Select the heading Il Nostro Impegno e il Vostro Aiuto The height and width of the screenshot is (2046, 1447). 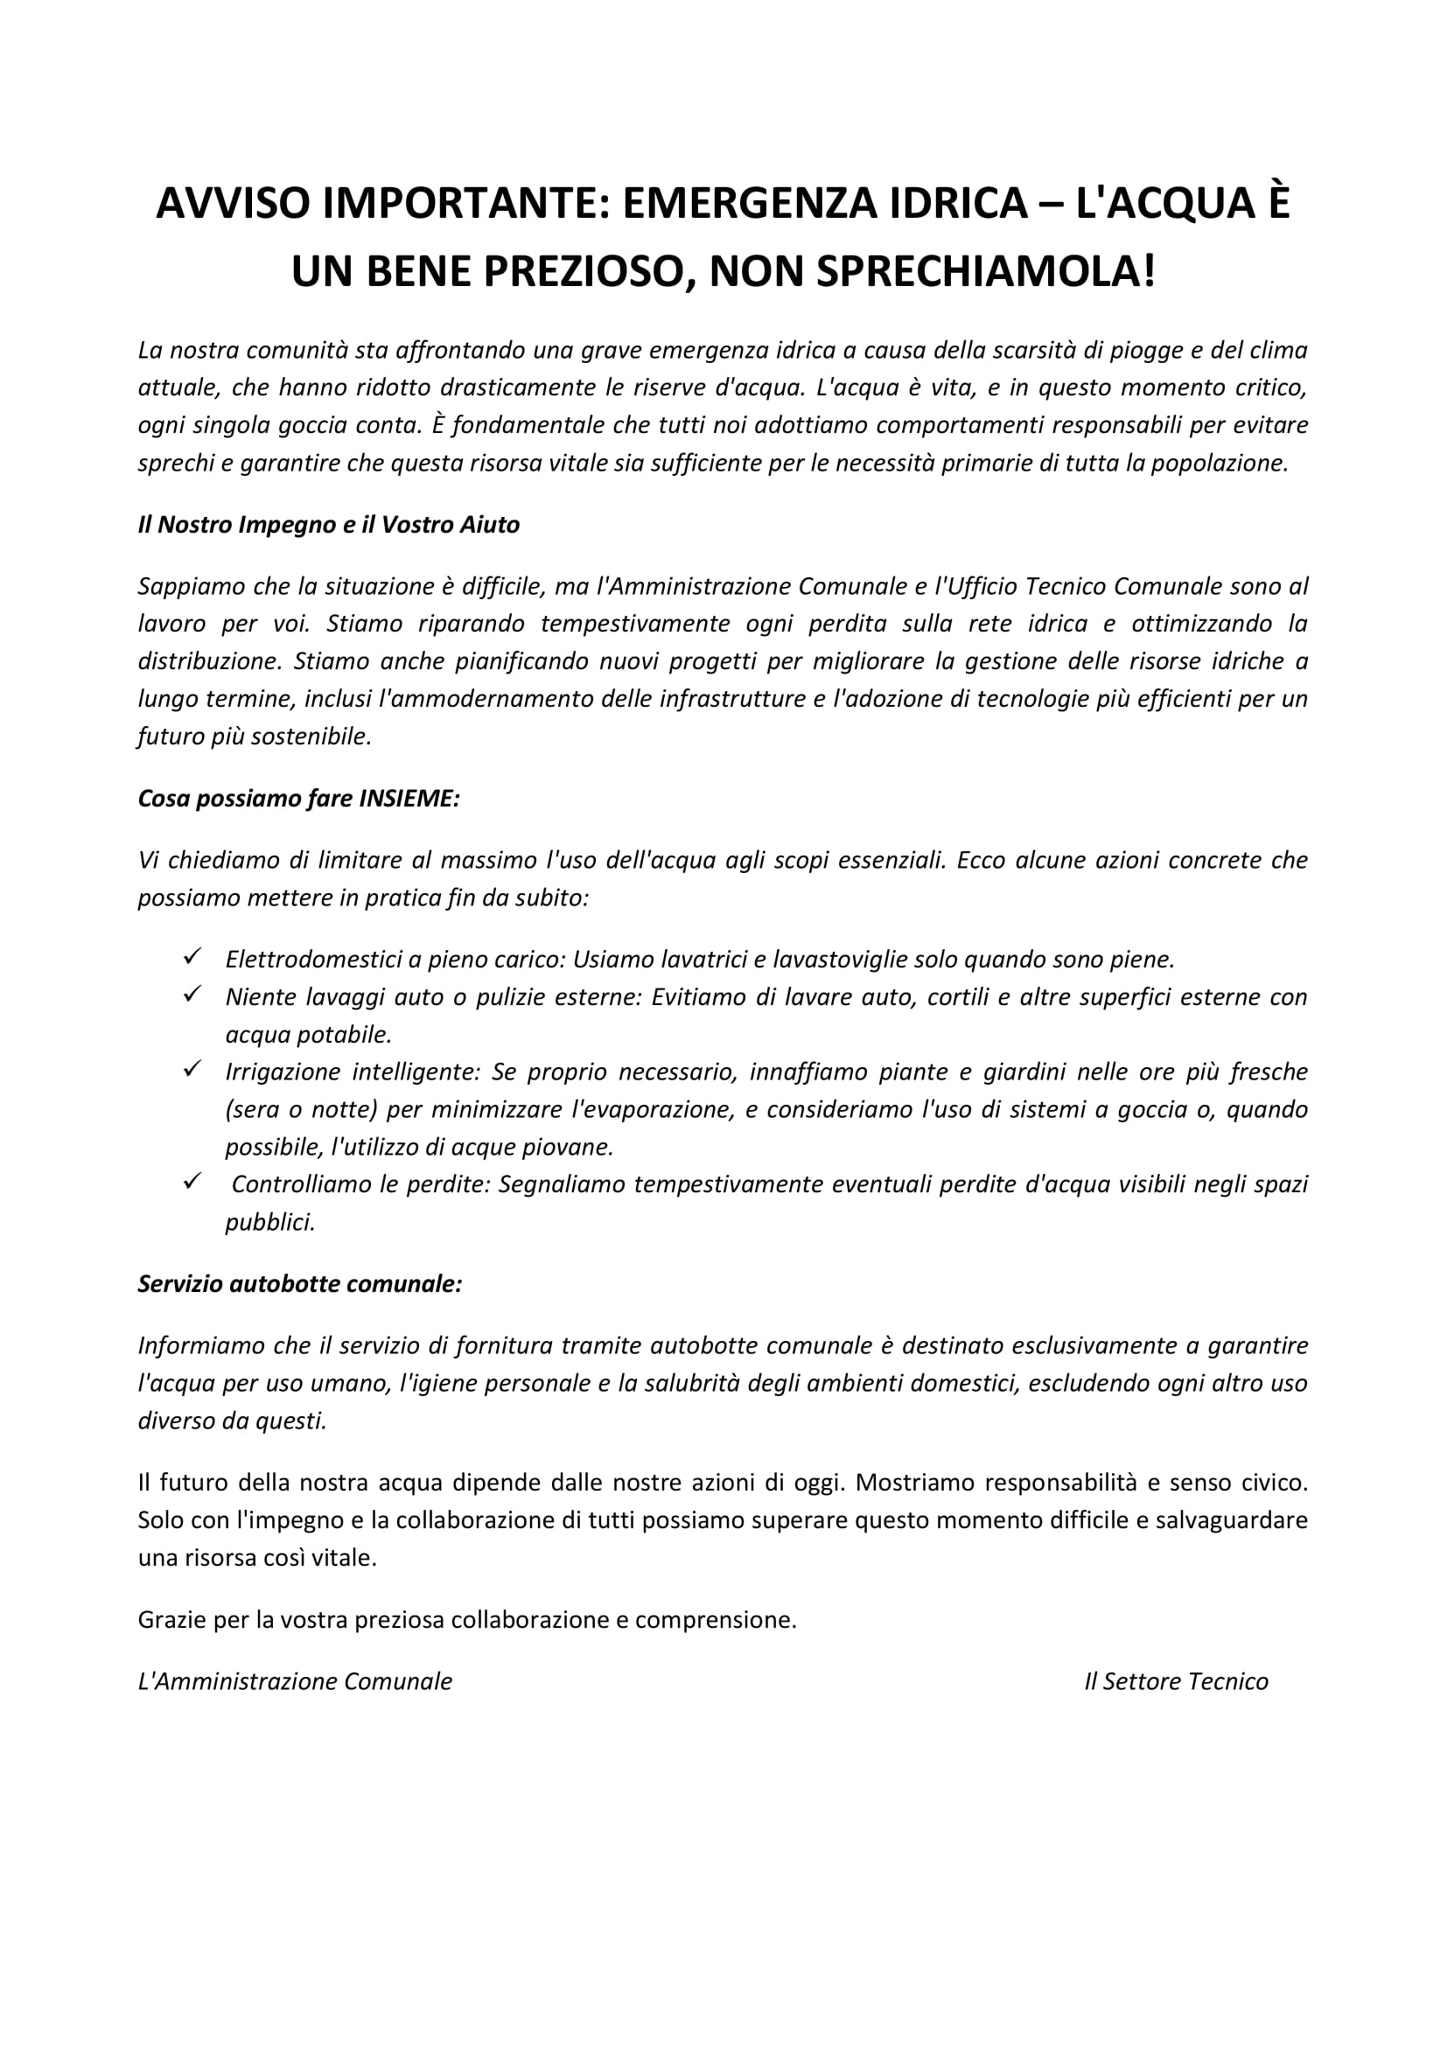coord(329,525)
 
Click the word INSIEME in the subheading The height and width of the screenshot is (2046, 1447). coord(409,799)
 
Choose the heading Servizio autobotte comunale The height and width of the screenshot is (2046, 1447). coord(300,1284)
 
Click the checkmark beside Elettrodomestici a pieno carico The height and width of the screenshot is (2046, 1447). coord(192,956)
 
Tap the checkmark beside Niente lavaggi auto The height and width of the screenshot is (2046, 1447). coord(192,994)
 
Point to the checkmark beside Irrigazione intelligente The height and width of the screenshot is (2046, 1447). coord(192,1068)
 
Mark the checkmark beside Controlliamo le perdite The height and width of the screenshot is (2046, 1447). coord(192,1182)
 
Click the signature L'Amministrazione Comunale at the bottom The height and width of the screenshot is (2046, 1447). coord(295,1681)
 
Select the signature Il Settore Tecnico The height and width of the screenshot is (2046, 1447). coord(1176,1681)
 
